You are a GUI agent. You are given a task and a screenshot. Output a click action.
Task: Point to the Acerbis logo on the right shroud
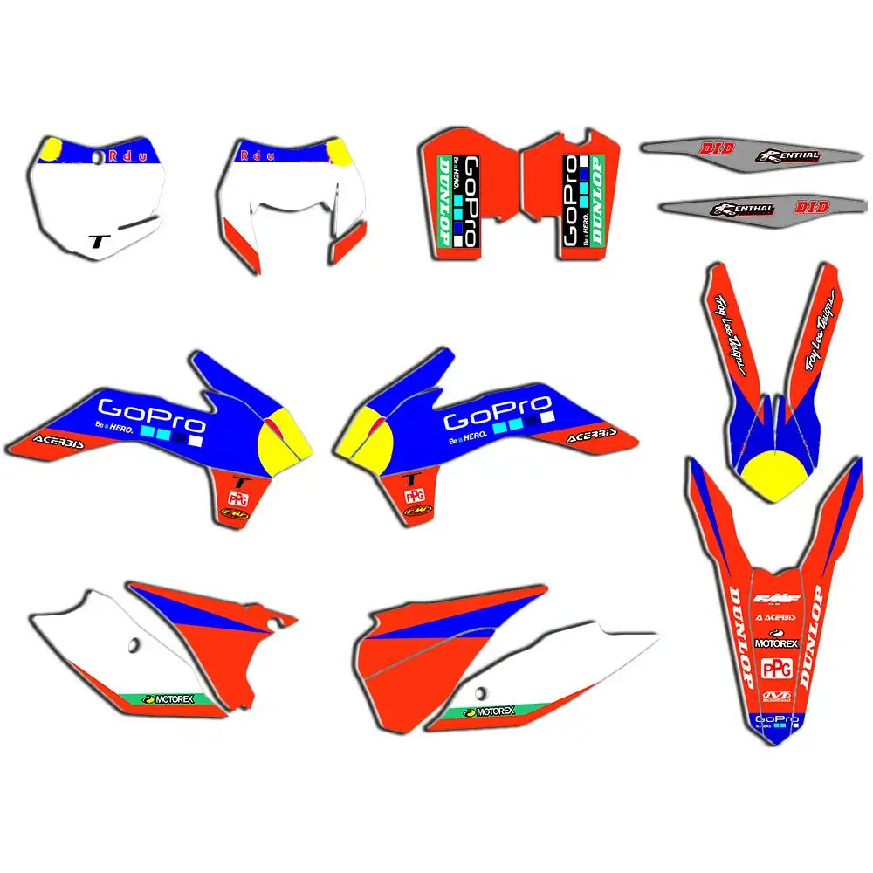point(591,434)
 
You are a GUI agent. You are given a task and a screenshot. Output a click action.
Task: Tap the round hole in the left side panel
point(134,646)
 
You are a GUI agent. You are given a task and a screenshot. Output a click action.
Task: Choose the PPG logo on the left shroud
point(237,498)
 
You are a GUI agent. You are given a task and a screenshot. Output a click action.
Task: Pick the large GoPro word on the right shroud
point(498,410)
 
